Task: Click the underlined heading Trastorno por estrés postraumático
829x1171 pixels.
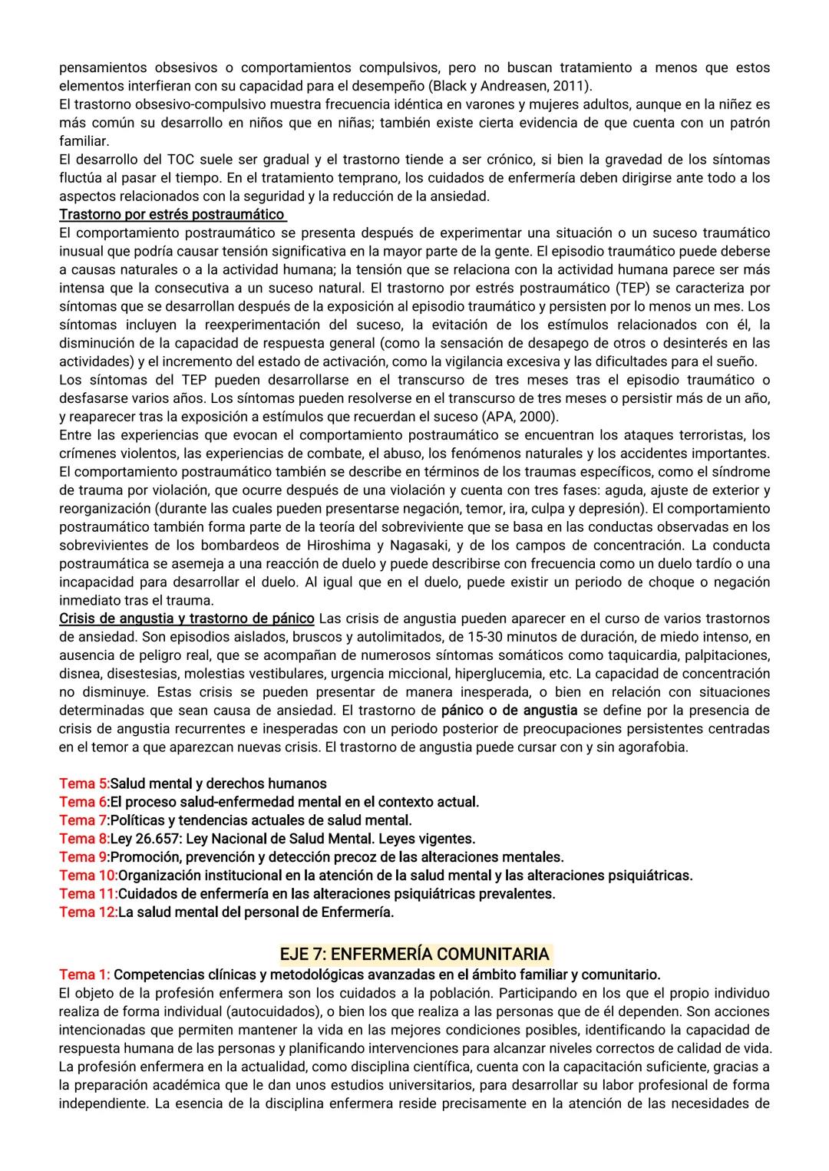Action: (x=173, y=214)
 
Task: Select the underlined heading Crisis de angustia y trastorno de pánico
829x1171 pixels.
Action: (x=187, y=618)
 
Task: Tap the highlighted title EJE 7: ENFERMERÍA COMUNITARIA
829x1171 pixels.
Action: (x=414, y=954)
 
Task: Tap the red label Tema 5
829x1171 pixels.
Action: (x=84, y=783)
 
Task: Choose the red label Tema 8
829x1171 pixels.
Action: (x=84, y=839)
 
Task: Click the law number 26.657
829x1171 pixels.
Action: (x=159, y=839)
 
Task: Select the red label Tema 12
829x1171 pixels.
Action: (x=88, y=912)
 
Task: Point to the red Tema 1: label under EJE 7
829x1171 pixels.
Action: (x=84, y=975)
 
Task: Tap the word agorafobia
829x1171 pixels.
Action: (x=651, y=747)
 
